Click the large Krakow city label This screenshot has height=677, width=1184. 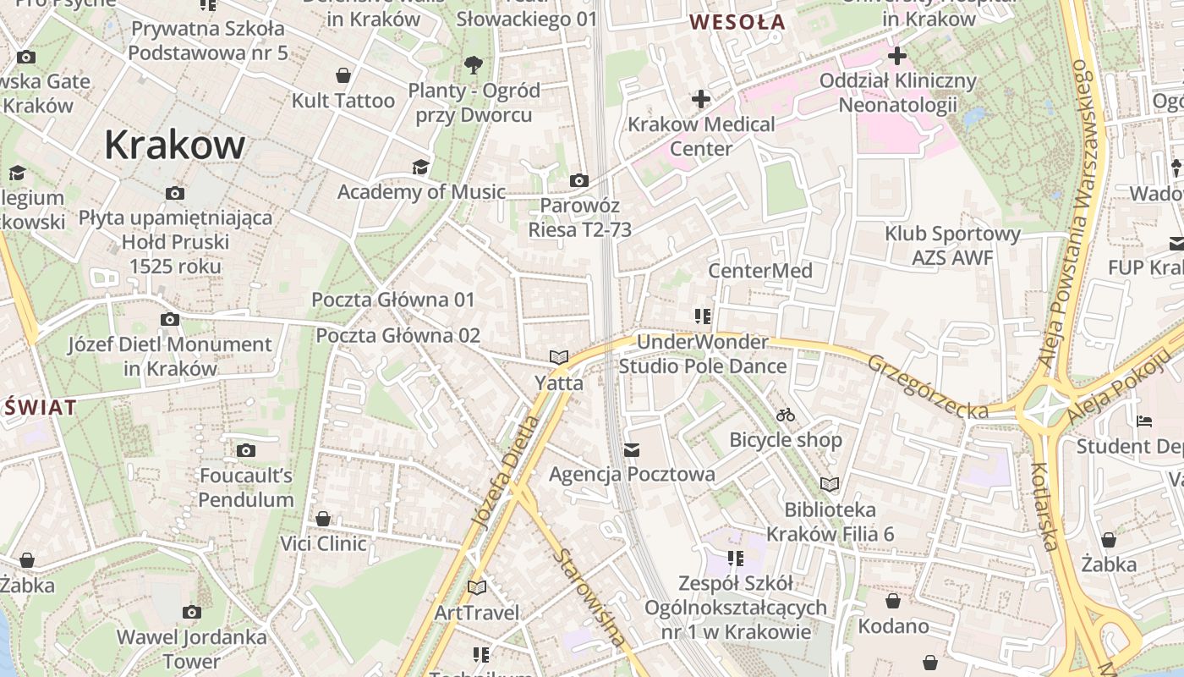[175, 146]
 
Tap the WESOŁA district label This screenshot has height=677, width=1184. [738, 23]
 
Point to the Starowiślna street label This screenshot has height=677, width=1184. [589, 597]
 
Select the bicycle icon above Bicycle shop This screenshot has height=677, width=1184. [786, 415]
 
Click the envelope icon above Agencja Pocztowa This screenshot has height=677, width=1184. [632, 449]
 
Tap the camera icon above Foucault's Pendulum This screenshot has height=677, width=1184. [246, 450]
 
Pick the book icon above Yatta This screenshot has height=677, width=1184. [558, 357]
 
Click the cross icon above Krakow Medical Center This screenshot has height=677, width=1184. [700, 99]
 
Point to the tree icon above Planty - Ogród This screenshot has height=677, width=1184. [473, 63]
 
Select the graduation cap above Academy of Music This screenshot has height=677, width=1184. [420, 167]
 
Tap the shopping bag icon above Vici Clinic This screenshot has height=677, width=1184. [323, 518]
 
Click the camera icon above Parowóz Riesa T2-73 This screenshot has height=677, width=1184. [579, 180]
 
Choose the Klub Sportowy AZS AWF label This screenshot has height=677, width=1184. [952, 245]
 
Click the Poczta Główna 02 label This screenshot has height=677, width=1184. [397, 335]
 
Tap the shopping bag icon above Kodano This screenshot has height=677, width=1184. [893, 601]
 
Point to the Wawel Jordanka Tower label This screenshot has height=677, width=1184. [192, 648]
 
